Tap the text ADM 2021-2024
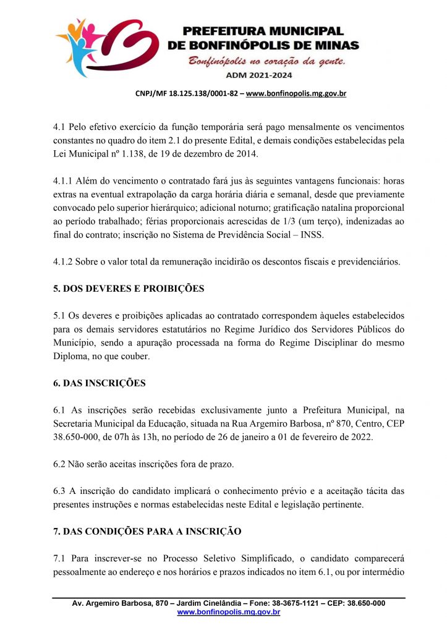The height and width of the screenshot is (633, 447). (264, 75)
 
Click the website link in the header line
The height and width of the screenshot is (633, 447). (296, 94)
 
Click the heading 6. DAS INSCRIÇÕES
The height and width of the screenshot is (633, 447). (100, 383)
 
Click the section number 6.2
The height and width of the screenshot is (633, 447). (60, 464)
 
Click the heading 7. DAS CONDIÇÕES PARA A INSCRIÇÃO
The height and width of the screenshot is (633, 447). (147, 532)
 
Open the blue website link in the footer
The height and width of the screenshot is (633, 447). (229, 612)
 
